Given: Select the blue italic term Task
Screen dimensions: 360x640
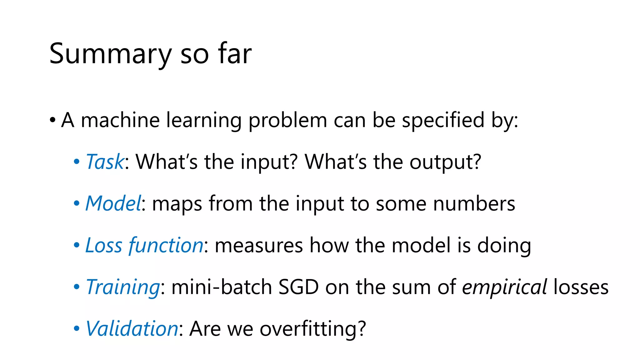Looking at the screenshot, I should click(x=105, y=162).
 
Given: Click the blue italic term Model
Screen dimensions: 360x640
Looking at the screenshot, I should click(x=113, y=203).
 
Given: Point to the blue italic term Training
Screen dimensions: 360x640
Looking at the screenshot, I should click(x=123, y=287).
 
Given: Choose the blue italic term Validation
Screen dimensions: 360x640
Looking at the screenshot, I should click(x=132, y=329).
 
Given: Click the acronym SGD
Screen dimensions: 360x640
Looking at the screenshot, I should click(x=298, y=287).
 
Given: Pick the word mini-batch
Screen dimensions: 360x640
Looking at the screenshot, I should click(x=222, y=287).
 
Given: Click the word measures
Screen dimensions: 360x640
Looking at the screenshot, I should click(x=259, y=245).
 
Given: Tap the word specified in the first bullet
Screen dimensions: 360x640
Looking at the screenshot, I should click(x=443, y=120).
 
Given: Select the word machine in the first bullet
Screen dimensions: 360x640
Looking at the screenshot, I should click(x=120, y=120).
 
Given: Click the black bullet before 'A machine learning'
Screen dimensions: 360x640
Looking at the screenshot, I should click(x=52, y=120).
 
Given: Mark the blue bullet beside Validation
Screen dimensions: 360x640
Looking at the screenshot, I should click(x=77, y=329).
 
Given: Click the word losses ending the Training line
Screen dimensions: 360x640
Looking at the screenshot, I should click(x=581, y=287).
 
